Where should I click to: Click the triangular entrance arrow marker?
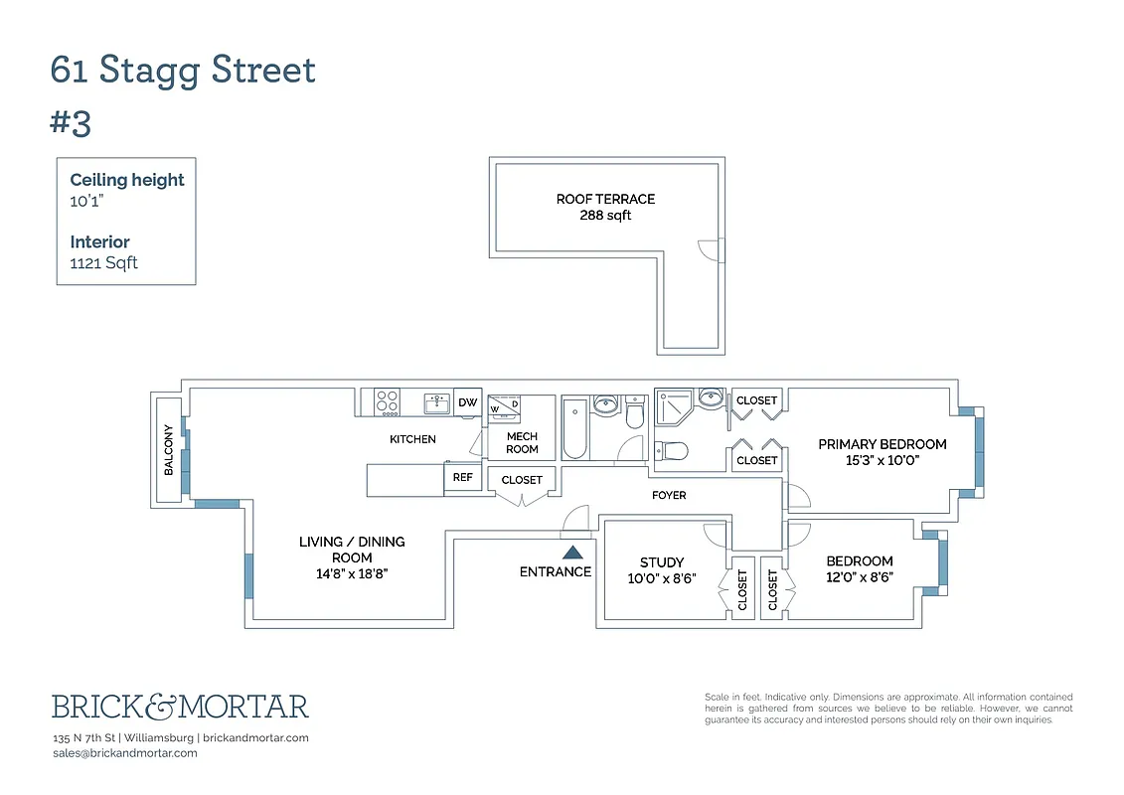coord(571,552)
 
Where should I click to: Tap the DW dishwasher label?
coord(467,402)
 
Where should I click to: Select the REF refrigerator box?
coord(462,478)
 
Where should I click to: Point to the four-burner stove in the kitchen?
coord(387,402)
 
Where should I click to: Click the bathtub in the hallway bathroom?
coord(574,428)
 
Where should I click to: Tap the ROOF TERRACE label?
coord(605,199)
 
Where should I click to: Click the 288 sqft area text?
coord(605,216)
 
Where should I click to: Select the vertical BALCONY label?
coord(168,450)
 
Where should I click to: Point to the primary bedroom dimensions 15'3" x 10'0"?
coord(882,461)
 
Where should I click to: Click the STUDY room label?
coord(661,562)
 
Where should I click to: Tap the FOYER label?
coord(669,495)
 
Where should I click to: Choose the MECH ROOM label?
coord(522,443)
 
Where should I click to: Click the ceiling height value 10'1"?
coord(86,200)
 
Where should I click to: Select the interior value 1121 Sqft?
coord(103,263)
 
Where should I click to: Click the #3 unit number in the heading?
coord(71,123)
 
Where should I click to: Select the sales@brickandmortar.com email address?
coord(124,753)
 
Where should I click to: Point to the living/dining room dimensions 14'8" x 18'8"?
coord(352,573)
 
